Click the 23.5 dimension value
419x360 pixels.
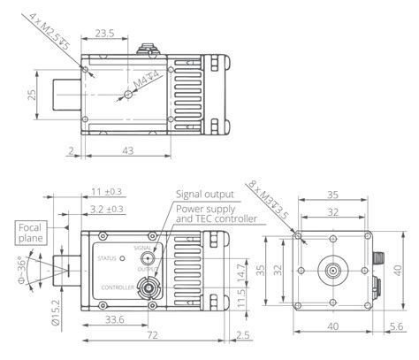104,33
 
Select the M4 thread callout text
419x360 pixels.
147,79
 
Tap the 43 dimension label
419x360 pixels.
128,150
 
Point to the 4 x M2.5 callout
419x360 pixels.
50,31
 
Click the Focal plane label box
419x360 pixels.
31,233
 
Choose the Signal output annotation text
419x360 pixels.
205,195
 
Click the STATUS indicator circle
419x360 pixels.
122,258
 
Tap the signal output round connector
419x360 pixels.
148,258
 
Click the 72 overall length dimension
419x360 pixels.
152,335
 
